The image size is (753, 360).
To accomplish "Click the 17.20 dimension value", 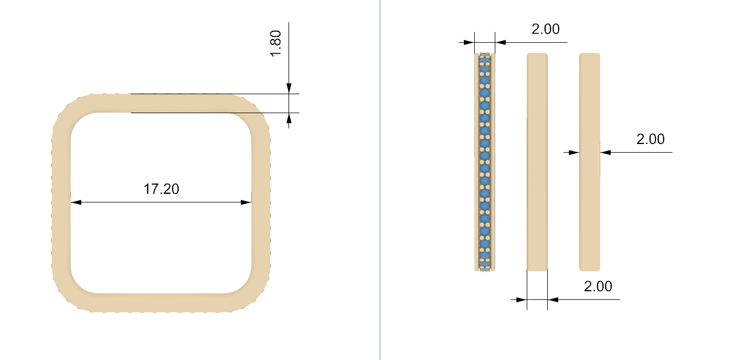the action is point(161,189).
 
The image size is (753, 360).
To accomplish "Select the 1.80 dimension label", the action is point(276,44).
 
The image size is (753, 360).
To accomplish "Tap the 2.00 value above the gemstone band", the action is point(546,29).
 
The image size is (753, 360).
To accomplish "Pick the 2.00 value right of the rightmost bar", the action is point(651,139).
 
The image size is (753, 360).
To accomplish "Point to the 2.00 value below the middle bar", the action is point(598,286).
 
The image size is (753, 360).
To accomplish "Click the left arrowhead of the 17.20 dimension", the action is point(76,202).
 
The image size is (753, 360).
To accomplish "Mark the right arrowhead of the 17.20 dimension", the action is point(246,202).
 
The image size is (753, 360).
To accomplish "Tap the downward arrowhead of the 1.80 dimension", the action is point(289,88).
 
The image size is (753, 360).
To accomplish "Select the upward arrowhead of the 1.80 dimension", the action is point(289,118).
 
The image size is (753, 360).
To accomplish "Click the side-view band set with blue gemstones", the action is point(484,162).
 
